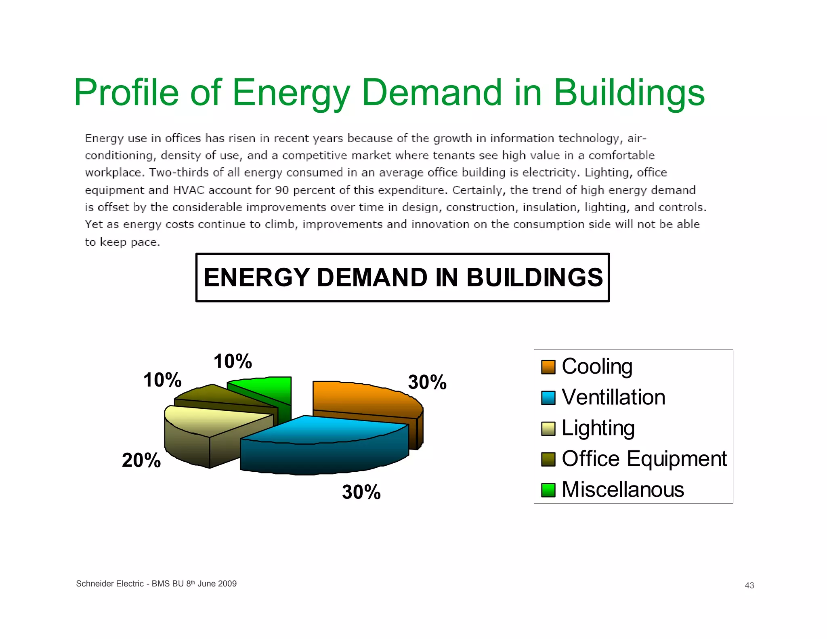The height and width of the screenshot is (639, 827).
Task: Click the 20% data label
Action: click(141, 460)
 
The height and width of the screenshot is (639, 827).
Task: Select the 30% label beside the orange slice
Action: click(427, 382)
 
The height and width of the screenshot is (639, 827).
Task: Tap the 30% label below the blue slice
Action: click(361, 492)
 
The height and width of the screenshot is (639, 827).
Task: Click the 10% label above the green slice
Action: click(233, 361)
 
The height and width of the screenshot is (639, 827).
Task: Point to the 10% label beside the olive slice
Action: click(162, 380)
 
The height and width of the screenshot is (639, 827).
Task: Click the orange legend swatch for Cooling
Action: click(548, 367)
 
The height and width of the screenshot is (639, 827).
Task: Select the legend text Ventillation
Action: click(613, 397)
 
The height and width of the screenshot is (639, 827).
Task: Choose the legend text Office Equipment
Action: click(644, 459)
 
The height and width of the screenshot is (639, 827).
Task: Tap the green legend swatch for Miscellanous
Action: click(548, 490)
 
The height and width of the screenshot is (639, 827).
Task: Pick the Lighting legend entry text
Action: click(598, 428)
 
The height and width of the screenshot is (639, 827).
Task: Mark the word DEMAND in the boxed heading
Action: click(372, 278)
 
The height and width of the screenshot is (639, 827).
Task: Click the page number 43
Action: click(749, 585)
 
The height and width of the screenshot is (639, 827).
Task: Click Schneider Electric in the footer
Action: click(110, 584)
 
